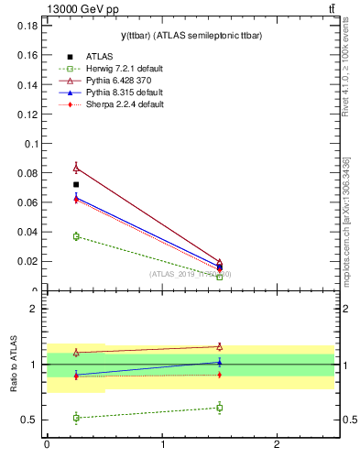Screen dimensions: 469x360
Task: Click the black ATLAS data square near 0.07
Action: (x=76, y=185)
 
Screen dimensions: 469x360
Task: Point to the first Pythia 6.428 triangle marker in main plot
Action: (x=76, y=168)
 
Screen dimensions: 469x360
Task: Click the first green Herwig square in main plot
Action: (x=76, y=236)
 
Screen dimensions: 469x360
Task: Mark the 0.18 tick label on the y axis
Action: (x=27, y=26)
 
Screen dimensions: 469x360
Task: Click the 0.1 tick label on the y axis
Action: (x=30, y=144)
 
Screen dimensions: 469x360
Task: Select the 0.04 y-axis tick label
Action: (x=27, y=232)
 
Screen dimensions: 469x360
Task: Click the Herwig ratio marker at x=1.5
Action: (x=220, y=408)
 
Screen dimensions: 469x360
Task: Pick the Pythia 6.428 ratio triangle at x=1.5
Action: (x=220, y=346)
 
